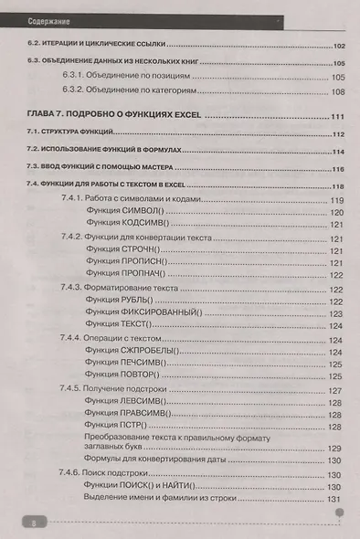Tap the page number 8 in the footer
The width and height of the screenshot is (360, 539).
(32, 523)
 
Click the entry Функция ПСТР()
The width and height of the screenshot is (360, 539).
(116, 428)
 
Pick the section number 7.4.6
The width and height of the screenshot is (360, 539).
(75, 474)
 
